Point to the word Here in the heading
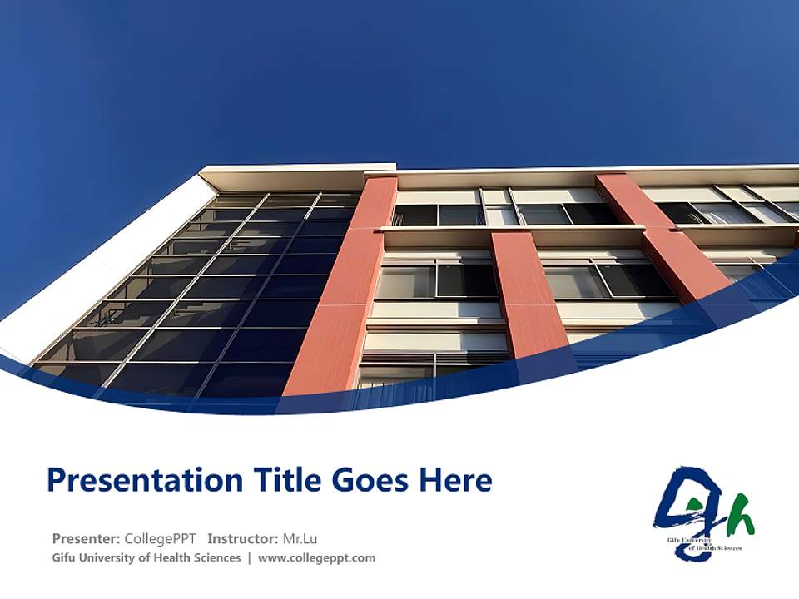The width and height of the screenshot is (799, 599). click(454, 480)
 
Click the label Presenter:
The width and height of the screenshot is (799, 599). click(86, 538)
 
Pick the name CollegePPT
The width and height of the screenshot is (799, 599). click(161, 538)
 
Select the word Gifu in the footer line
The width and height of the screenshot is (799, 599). click(65, 557)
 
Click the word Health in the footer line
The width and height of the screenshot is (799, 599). click(167, 557)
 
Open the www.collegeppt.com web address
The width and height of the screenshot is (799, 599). click(316, 557)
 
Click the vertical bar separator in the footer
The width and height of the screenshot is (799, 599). click(249, 557)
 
